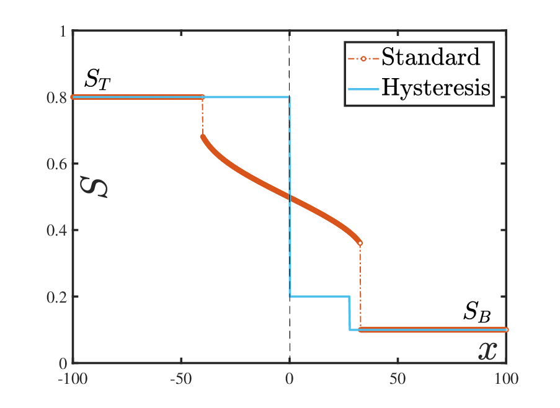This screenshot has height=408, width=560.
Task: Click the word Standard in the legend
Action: click(x=431, y=56)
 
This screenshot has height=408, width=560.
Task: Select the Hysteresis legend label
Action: click(x=436, y=87)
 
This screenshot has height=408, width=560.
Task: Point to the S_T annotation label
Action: click(x=97, y=79)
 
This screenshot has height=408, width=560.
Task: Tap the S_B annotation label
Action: click(x=477, y=312)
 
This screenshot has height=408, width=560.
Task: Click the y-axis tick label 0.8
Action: click(x=57, y=97)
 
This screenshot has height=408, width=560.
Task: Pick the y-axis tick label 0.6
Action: click(x=57, y=164)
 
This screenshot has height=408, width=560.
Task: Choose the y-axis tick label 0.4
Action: click(x=57, y=230)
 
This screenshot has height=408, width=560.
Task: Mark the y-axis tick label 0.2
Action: click(x=57, y=296)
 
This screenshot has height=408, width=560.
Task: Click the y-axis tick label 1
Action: click(x=63, y=32)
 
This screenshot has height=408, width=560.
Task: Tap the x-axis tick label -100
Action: click(x=73, y=379)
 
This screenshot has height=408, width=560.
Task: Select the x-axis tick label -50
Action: click(x=181, y=379)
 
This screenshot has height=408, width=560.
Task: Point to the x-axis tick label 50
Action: click(x=398, y=379)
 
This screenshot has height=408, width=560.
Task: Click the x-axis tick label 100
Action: click(x=506, y=379)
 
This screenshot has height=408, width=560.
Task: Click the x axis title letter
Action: click(x=487, y=351)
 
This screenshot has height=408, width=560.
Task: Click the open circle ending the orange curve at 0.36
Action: click(x=360, y=243)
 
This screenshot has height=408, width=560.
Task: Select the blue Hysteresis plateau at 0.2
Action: click(x=319, y=296)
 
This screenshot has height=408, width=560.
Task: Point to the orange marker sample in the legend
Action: click(x=363, y=58)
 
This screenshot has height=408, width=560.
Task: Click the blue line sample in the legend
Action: click(x=363, y=89)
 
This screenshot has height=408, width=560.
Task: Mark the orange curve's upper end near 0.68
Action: click(x=203, y=136)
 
